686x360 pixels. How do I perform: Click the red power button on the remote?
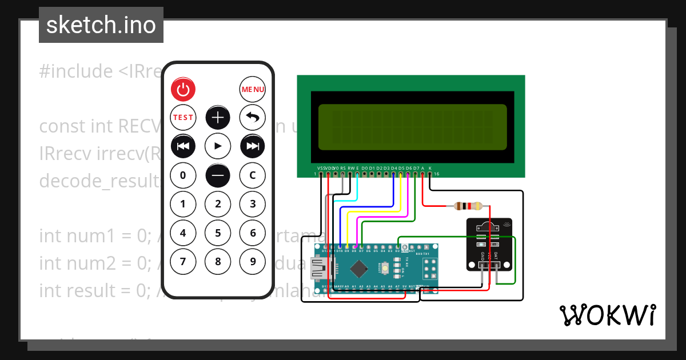pyautogui.click(x=183, y=89)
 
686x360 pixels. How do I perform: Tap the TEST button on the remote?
pyautogui.click(x=183, y=117)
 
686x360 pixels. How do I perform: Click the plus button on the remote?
pyautogui.click(x=218, y=117)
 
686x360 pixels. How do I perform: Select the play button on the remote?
pyautogui.click(x=218, y=146)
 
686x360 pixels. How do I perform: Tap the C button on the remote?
pyautogui.click(x=252, y=175)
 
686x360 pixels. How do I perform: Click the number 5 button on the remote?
pyautogui.click(x=218, y=233)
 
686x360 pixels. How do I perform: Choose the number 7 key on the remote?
pyautogui.click(x=183, y=262)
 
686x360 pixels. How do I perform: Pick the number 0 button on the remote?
pyautogui.click(x=183, y=175)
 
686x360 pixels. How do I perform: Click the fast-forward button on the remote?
pyautogui.click(x=252, y=146)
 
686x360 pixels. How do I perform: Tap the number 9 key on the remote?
pyautogui.click(x=252, y=262)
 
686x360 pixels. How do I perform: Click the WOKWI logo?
pyautogui.click(x=607, y=315)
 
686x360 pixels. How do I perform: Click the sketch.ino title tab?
pyautogui.click(x=101, y=25)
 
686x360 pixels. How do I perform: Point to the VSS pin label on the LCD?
pyautogui.click(x=321, y=168)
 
